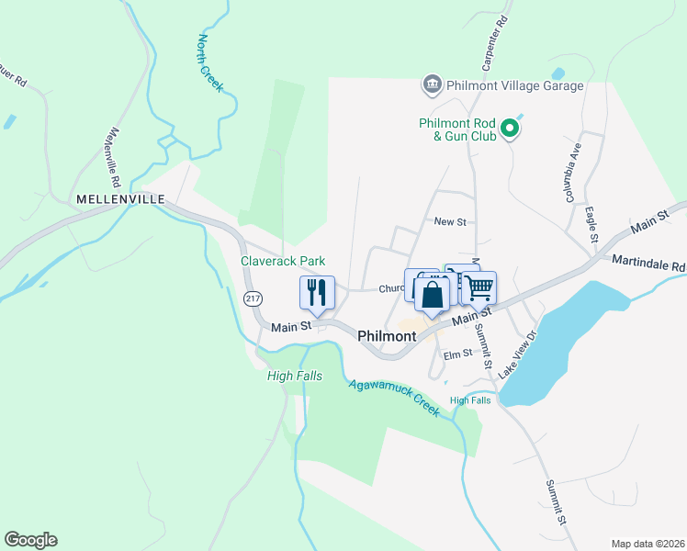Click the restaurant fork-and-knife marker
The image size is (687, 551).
click(x=317, y=293)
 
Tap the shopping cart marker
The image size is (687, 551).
click(x=479, y=288)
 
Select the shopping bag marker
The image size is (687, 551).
click(x=432, y=296)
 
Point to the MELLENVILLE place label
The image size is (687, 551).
click(x=120, y=198)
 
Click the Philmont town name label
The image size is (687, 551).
click(x=386, y=336)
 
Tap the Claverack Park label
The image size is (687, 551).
click(x=283, y=261)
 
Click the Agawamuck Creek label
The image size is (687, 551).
click(x=395, y=397)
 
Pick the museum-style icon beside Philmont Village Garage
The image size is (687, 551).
click(x=432, y=85)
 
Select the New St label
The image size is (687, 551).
click(x=450, y=222)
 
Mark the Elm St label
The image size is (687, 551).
click(x=456, y=354)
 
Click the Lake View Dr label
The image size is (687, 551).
click(x=515, y=356)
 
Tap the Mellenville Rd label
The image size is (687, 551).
click(x=122, y=153)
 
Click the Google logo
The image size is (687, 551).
click(x=30, y=540)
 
